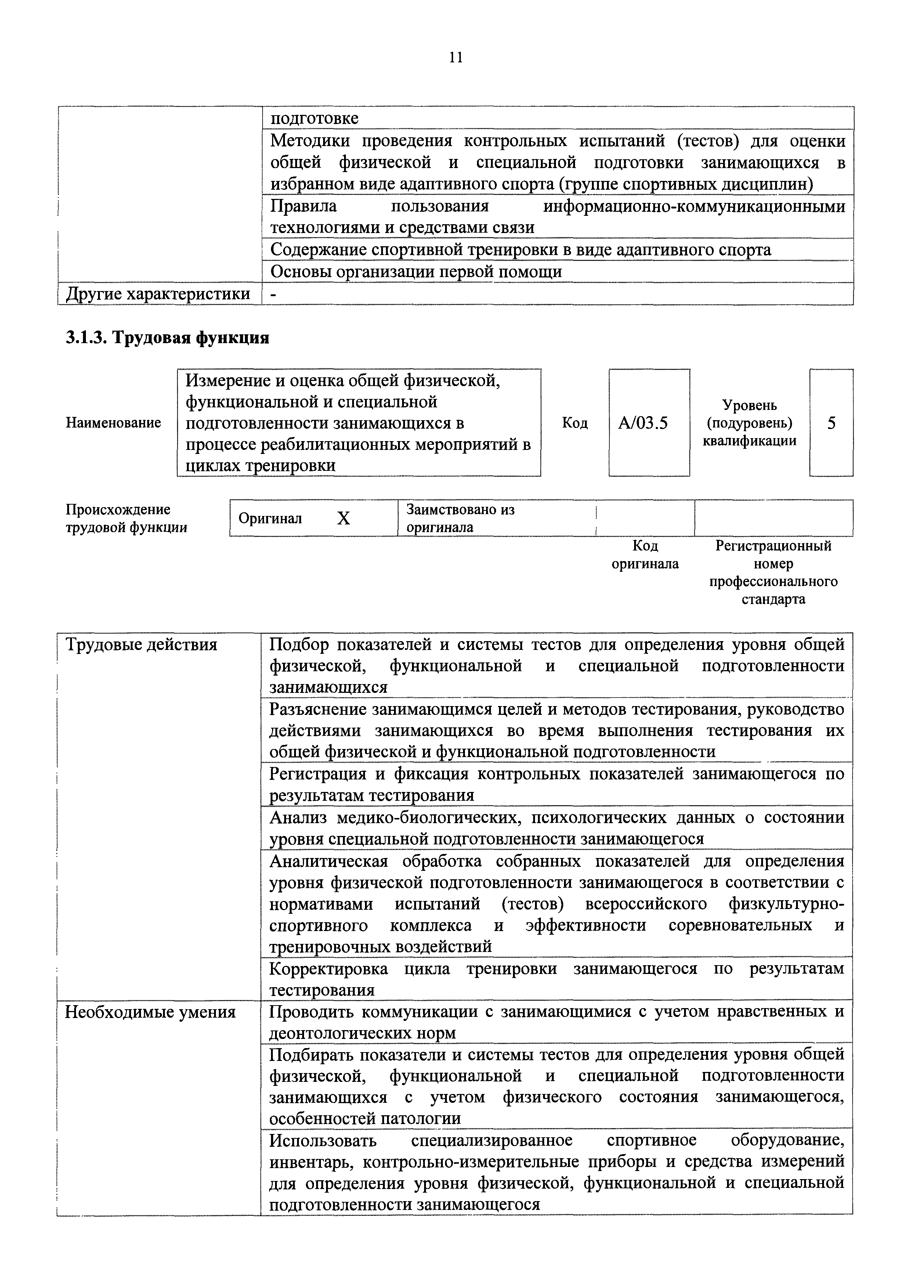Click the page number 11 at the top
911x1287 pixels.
(x=455, y=57)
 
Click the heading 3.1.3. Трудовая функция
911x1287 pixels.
(x=167, y=338)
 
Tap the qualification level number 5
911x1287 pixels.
(x=831, y=423)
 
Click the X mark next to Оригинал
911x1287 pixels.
(x=343, y=519)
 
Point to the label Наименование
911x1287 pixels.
(x=113, y=423)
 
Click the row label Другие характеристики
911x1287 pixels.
(x=158, y=294)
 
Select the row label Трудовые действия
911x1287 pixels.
(x=141, y=645)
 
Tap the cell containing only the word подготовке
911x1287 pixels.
(x=314, y=118)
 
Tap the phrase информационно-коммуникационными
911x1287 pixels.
(x=694, y=206)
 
